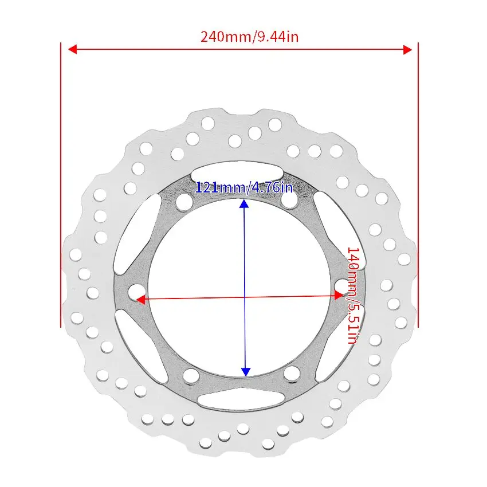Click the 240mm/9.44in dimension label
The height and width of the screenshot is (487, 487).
[249, 37]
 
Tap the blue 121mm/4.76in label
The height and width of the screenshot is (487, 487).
[244, 187]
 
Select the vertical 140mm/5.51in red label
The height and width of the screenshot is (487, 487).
[353, 296]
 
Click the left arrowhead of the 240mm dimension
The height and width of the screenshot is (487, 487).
[72, 49]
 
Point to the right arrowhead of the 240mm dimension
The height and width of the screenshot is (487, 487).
[407, 49]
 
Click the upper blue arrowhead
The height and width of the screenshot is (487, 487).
[244, 204]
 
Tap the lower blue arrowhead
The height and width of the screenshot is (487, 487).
[246, 372]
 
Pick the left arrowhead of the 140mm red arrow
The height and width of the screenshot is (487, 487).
[141, 300]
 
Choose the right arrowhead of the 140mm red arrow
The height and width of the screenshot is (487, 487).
[339, 295]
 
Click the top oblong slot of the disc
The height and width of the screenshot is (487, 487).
[237, 172]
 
